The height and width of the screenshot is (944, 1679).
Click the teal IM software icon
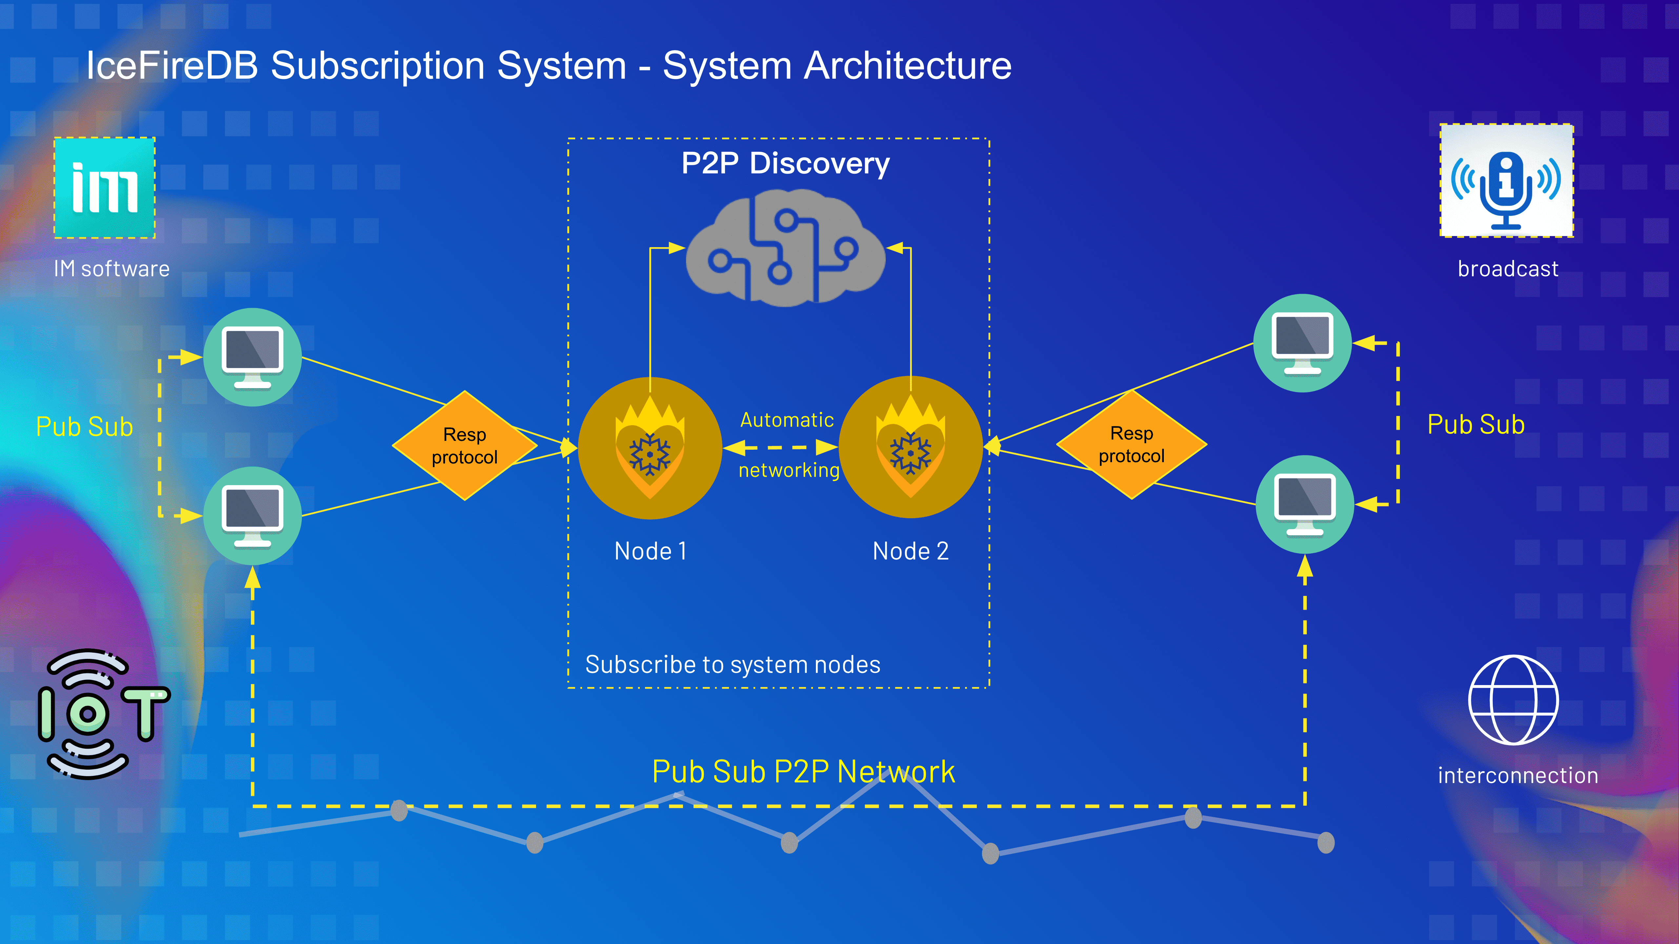[104, 187]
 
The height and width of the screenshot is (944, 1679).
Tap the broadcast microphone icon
[1506, 181]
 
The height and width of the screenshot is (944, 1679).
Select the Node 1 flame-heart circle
[650, 448]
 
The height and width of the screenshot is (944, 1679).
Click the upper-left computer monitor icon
[252, 357]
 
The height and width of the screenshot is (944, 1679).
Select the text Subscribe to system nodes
[733, 664]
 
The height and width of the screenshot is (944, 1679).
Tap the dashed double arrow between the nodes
[781, 447]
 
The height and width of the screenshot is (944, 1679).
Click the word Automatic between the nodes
[787, 420]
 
